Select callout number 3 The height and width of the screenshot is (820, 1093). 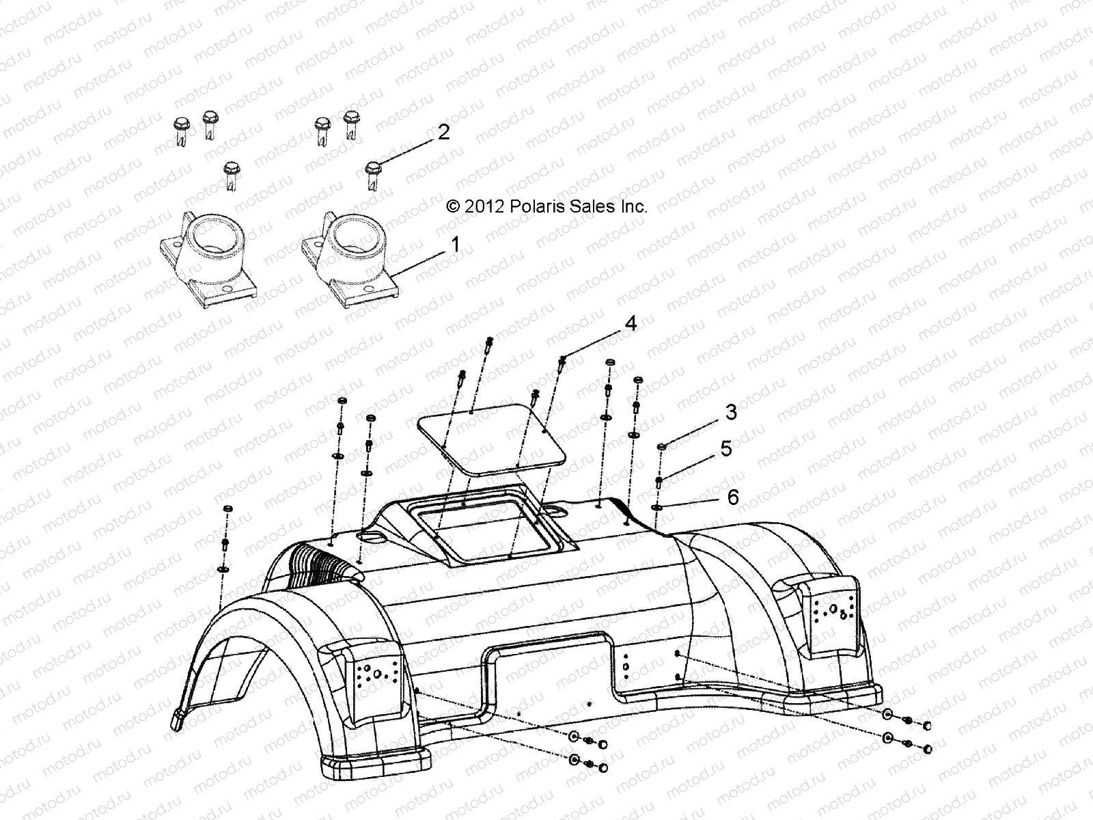(x=731, y=412)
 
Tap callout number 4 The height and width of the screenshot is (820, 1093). (x=630, y=323)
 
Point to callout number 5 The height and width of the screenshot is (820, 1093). (x=725, y=449)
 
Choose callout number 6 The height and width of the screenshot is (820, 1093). (x=732, y=497)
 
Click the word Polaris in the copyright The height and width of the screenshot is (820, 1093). (x=534, y=206)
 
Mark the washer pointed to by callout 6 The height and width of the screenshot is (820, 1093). (x=657, y=507)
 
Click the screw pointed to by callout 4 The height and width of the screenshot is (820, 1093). (x=562, y=362)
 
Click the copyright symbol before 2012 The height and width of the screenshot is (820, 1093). (x=452, y=206)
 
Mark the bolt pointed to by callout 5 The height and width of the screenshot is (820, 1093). (x=659, y=482)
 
